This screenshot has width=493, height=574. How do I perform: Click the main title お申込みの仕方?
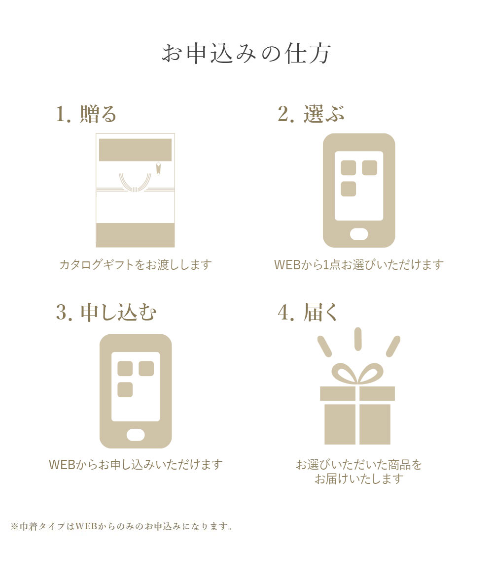pos(246,54)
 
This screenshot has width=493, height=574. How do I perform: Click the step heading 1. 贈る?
pos(86,114)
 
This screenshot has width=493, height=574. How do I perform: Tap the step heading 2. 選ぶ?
pos(311,114)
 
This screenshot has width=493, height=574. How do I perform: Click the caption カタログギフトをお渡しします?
pos(135,264)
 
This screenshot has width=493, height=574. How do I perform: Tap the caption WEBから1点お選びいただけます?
pos(359,264)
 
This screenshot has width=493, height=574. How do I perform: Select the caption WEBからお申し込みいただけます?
pos(136,465)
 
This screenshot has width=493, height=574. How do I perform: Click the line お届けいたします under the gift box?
pos(359,478)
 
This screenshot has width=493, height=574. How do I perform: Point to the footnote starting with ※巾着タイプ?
pos(121,526)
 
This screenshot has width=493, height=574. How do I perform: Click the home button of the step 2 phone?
pos(359,234)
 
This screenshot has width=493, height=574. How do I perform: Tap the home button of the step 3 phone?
pos(136,435)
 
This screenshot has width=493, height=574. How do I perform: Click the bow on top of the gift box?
pos(357,373)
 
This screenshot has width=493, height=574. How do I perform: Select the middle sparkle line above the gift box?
pos(358,339)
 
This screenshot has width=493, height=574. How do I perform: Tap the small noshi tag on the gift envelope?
pos(158,168)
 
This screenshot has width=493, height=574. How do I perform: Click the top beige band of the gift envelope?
pos(135,150)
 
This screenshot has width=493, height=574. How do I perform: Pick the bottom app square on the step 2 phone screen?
pos(348,189)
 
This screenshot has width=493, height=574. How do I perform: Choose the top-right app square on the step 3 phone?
pos(146,368)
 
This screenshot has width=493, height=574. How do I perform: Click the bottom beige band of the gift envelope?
pos(135,234)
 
